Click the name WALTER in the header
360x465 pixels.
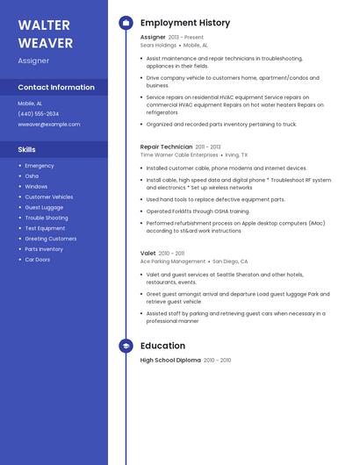45,25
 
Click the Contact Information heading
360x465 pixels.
56,87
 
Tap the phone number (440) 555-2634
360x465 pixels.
39,114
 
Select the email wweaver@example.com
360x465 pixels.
49,125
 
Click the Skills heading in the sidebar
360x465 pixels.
27,150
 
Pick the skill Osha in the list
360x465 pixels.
32,175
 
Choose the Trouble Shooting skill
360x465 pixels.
47,218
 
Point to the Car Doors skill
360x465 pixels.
38,260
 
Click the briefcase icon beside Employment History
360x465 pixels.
126,23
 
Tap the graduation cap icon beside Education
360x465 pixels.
126,346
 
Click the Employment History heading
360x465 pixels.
185,23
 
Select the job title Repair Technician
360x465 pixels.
166,147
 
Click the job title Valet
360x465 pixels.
148,254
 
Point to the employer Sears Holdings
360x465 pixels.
158,45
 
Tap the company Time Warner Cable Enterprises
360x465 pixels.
179,154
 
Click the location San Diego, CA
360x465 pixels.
230,261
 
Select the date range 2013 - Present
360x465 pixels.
186,38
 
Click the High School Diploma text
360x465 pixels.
170,361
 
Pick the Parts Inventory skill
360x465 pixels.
44,249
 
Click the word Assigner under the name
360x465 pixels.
33,61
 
